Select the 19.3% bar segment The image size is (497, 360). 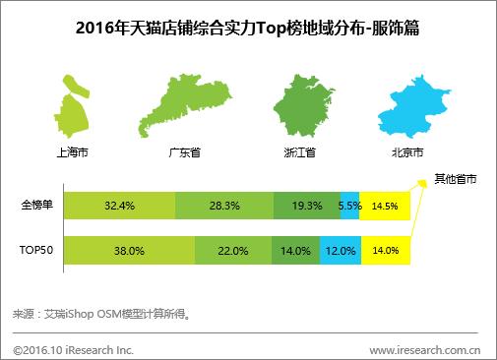click(305, 207)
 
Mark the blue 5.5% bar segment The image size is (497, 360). click(349, 207)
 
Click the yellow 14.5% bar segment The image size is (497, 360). click(385, 207)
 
